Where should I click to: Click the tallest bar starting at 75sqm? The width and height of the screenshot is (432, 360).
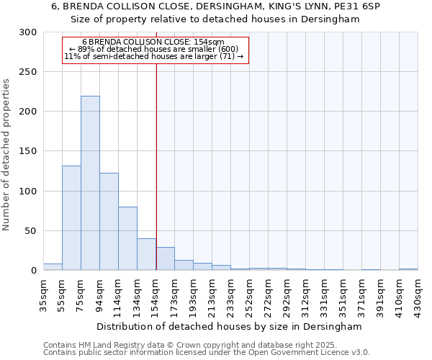click(x=90, y=183)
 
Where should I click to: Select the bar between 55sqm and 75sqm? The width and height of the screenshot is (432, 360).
click(x=71, y=217)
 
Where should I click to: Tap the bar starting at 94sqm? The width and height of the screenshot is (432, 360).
click(x=109, y=221)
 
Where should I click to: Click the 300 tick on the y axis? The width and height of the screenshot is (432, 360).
click(x=28, y=32)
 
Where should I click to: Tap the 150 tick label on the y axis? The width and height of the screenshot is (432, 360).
click(x=28, y=151)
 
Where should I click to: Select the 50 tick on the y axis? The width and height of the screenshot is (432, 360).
click(x=31, y=231)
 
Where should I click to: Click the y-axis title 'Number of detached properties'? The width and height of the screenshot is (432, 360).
click(x=6, y=155)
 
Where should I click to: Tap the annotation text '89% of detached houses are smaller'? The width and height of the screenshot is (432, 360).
click(x=153, y=49)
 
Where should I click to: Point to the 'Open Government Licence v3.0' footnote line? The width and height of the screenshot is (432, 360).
click(x=207, y=352)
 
